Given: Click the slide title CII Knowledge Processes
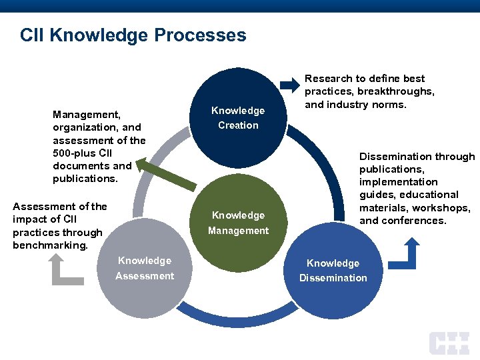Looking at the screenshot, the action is point(133,35).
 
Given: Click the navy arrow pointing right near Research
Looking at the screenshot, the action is point(291,85).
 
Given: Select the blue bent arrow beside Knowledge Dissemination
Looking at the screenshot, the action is point(404,254).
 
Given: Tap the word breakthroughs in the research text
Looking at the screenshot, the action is point(396,91).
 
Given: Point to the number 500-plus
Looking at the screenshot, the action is point(77,153).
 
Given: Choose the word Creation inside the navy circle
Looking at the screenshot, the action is point(238,125).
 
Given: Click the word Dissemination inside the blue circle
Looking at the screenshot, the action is point(333,278).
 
